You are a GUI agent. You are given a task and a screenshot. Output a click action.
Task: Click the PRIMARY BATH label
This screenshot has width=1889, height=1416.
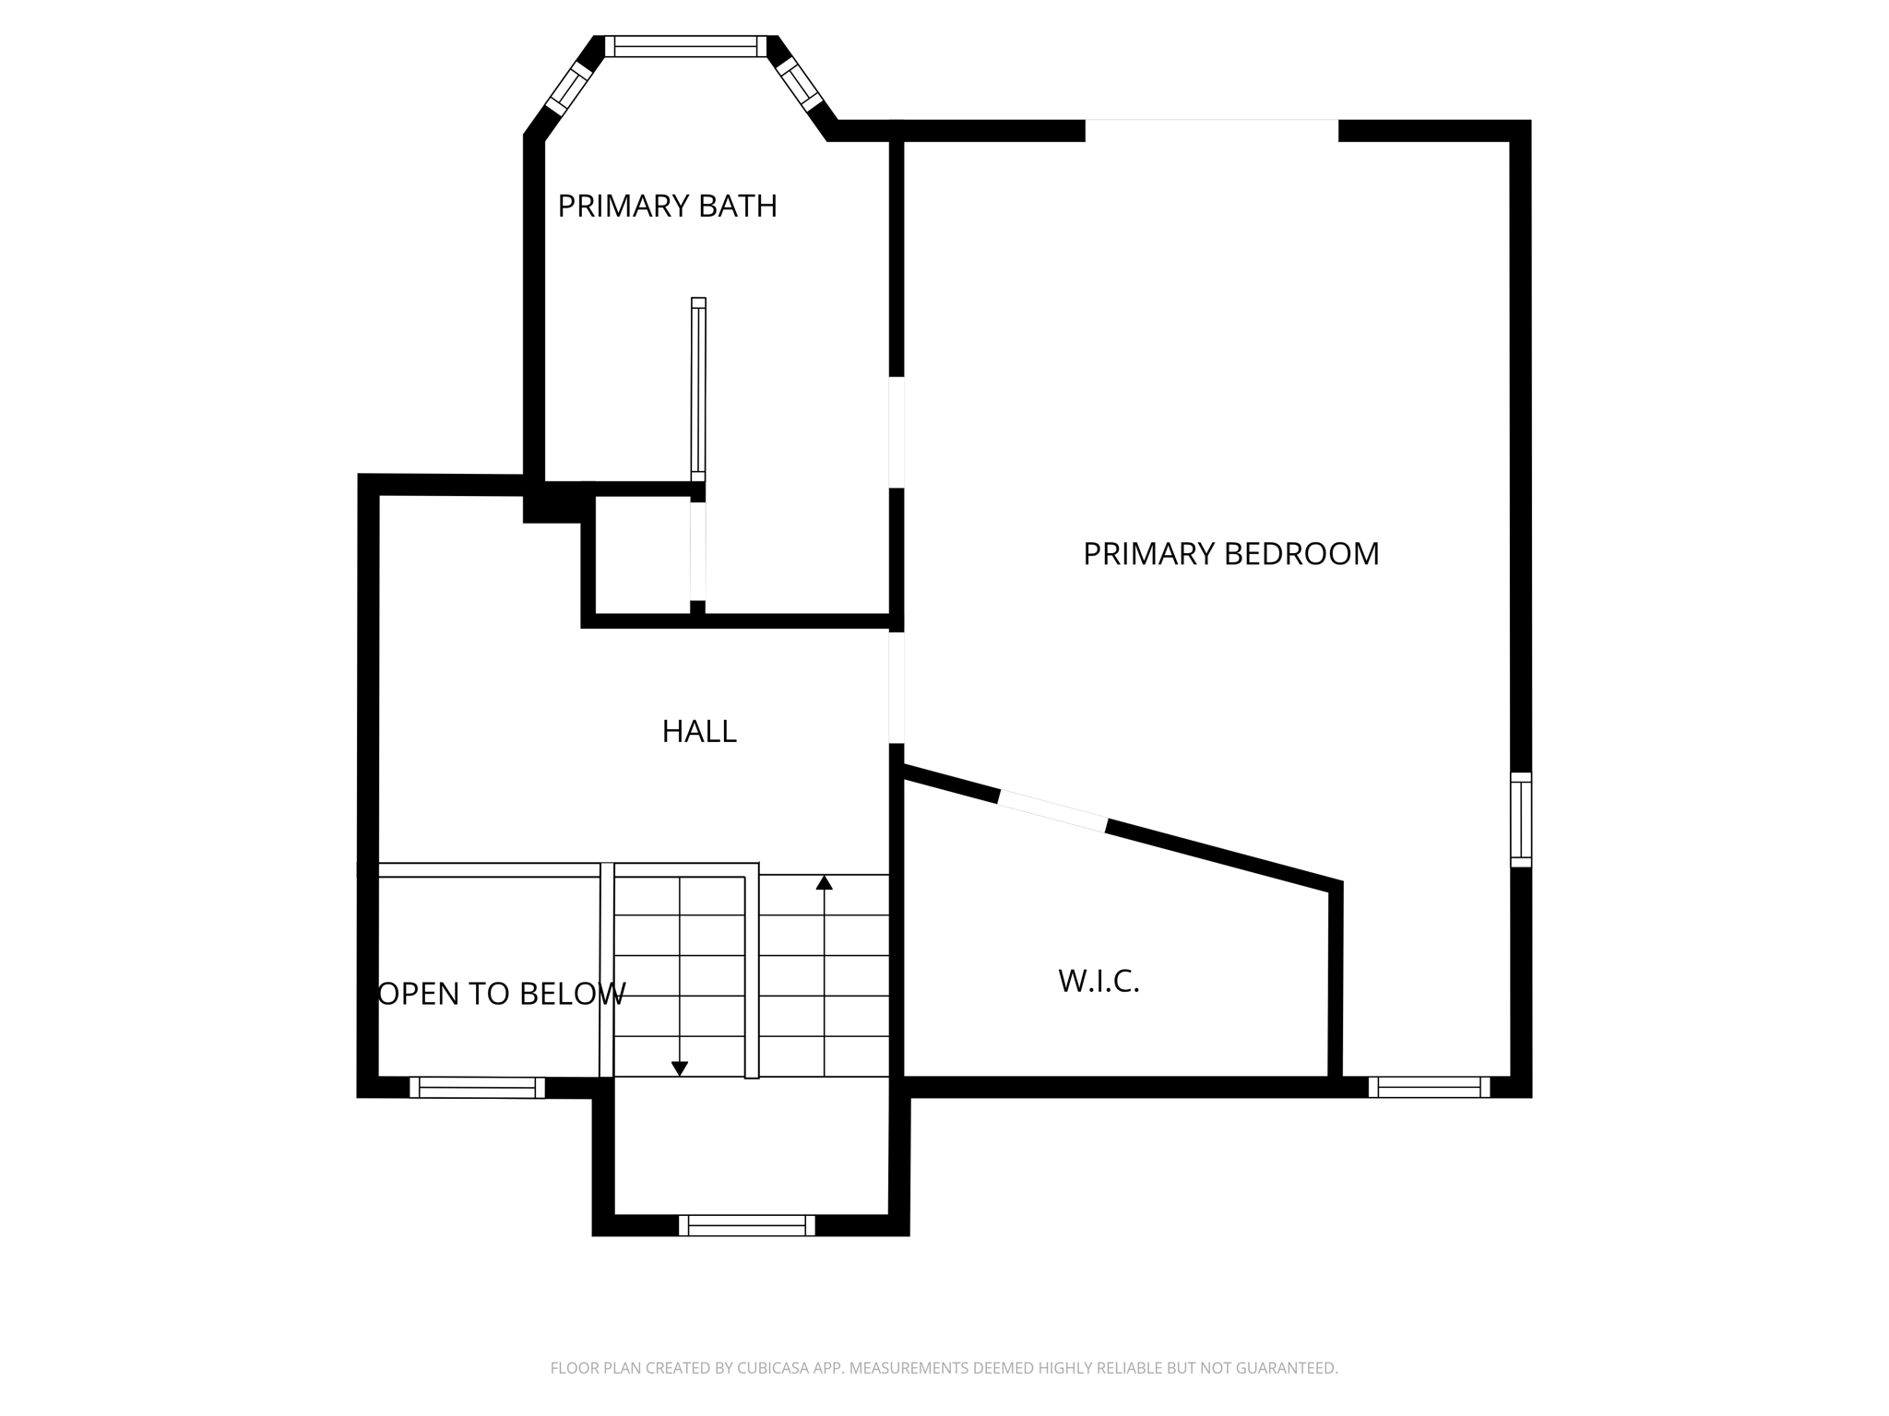667,206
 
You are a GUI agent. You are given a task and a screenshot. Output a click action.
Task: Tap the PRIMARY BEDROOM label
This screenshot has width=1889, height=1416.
1230,554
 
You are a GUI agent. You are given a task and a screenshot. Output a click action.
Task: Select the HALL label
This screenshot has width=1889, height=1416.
699,732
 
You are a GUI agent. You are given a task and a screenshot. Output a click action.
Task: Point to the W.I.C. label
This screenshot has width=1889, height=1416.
1099,981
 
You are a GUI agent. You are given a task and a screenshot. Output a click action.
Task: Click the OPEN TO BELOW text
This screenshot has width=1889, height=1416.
502,994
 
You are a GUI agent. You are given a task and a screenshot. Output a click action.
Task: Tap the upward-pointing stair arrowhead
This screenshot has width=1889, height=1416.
825,883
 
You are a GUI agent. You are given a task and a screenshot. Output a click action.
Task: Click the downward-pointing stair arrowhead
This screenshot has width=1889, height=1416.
680,1068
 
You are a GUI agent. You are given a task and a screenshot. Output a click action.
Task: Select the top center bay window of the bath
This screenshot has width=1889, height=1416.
685,46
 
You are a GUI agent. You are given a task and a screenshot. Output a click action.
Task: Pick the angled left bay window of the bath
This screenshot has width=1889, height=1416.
568,88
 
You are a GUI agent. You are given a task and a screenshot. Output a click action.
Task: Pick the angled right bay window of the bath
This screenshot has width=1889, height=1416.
800,85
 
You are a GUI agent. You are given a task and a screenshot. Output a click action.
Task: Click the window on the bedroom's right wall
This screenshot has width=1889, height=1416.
1520,820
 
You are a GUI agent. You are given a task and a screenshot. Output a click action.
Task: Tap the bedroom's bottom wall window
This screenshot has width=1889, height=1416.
1429,1087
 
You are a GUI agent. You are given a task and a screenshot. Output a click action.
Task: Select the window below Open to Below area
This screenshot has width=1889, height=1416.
477,1088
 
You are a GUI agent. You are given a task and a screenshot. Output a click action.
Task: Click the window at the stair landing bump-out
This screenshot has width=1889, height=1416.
747,1225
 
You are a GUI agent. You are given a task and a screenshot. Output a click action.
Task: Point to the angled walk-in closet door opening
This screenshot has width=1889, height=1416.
1052,811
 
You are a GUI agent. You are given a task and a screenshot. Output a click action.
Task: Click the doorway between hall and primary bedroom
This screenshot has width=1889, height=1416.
897,687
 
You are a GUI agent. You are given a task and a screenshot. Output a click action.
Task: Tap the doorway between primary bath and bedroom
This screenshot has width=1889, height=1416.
897,431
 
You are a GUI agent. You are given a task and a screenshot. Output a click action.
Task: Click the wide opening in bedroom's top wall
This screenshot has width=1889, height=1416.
1211,131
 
